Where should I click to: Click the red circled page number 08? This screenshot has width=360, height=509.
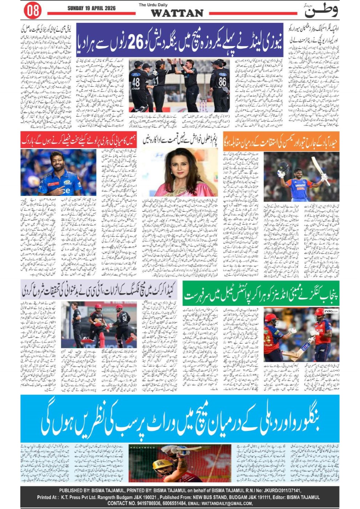33,10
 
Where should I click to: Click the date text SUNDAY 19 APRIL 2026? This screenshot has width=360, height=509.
91,8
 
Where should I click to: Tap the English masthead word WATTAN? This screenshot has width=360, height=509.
177,13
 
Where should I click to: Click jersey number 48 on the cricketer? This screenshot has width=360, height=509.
136,83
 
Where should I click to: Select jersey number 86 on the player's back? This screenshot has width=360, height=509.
222,82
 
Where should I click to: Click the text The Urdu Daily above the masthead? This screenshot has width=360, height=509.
153,5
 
